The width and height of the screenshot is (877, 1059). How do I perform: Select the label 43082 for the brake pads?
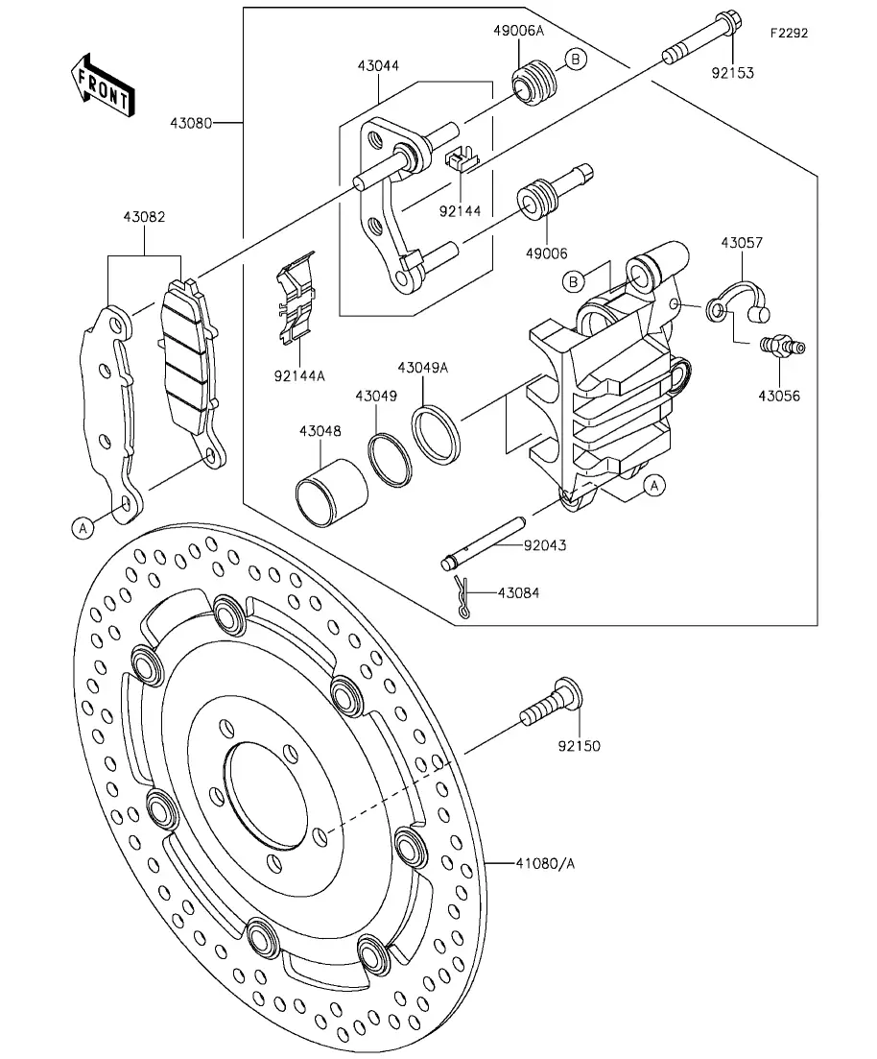point(144,218)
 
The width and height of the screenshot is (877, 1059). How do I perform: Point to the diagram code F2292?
point(789,33)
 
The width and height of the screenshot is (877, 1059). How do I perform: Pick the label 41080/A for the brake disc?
point(546,863)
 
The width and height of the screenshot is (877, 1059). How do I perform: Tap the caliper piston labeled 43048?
point(329,488)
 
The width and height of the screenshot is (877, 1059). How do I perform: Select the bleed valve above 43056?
point(781,345)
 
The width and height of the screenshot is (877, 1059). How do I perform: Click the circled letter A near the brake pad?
point(83,526)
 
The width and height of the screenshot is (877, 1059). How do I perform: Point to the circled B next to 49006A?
point(575,60)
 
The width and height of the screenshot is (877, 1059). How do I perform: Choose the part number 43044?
point(378,66)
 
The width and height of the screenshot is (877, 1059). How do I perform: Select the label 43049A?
point(423,368)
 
